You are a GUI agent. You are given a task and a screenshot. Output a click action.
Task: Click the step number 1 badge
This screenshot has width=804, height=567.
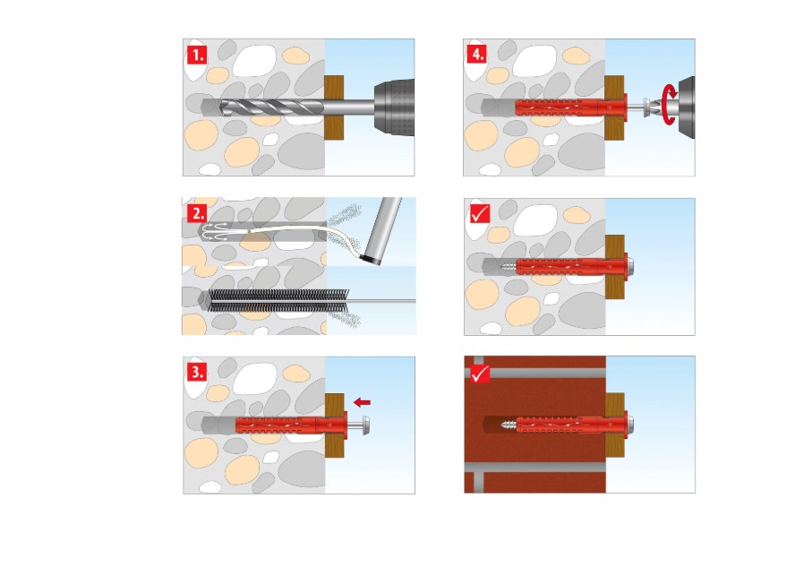tap(197, 54)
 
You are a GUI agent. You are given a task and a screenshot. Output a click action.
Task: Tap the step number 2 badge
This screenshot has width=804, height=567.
tap(197, 213)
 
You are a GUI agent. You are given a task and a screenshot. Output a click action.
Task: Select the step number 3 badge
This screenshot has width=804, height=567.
tap(197, 371)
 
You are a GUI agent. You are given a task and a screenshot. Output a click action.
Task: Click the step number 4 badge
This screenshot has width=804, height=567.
tap(477, 54)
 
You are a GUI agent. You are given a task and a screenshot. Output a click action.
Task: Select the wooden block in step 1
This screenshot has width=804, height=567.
tap(333, 107)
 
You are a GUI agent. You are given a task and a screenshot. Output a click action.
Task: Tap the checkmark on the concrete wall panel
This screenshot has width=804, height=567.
tap(481, 214)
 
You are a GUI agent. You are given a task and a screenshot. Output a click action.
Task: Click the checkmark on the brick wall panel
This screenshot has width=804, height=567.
tap(481, 372)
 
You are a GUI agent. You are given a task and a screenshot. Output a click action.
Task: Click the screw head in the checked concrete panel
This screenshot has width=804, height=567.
tap(632, 266)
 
